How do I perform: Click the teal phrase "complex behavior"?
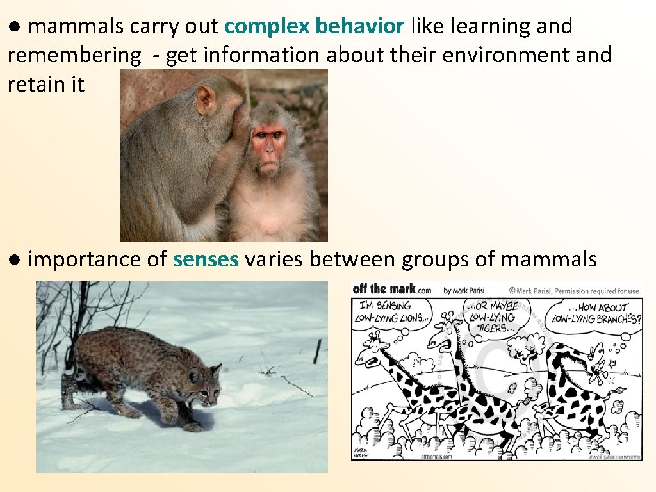pos(315,26)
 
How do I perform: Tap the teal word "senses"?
pos(206,259)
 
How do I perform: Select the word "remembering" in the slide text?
pos(74,55)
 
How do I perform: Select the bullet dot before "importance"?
pos(15,259)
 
